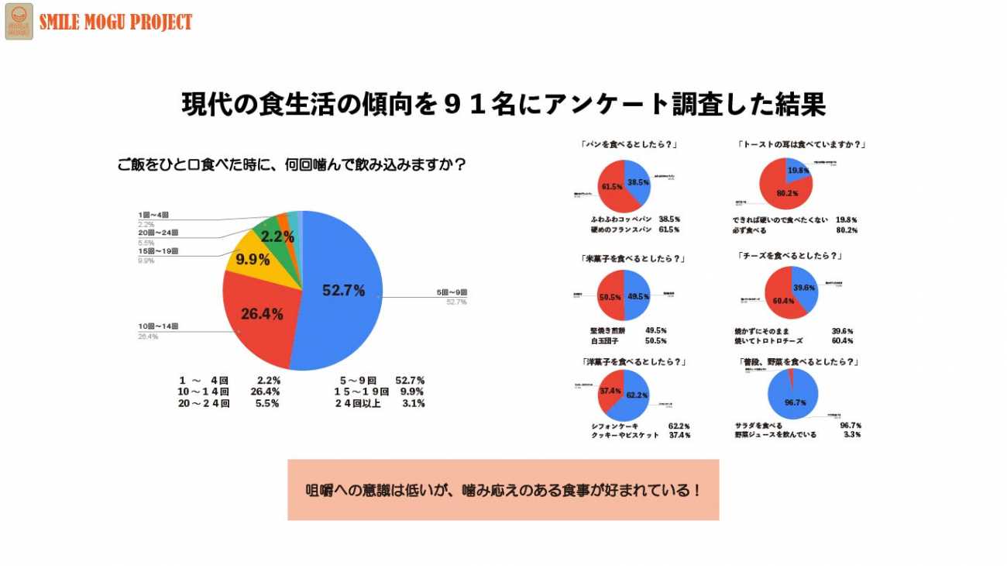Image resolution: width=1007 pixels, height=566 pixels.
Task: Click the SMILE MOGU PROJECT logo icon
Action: (x=19, y=21)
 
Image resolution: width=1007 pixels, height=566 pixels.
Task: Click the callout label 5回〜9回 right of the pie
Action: (x=452, y=292)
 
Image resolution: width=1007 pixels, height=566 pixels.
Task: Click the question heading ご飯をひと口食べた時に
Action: (x=291, y=165)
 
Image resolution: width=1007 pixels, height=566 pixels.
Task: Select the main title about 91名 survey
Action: (x=503, y=105)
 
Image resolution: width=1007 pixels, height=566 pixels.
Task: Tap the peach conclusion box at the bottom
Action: (x=503, y=489)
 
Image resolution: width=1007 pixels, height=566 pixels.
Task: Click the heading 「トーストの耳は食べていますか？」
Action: (x=802, y=145)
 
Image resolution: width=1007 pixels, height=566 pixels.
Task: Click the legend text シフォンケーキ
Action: (x=614, y=426)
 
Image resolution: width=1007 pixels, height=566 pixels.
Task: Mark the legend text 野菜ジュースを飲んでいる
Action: (x=775, y=435)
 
